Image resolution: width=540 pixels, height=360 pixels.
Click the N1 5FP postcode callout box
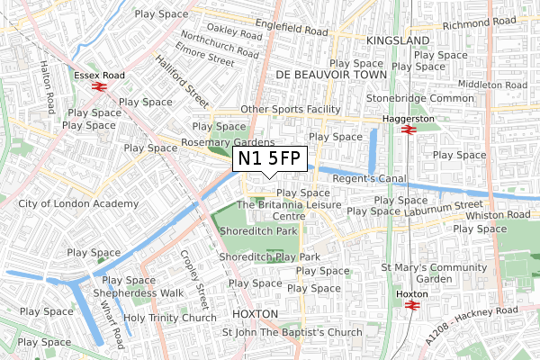[270, 159]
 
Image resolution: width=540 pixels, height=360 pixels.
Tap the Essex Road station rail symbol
[97, 88]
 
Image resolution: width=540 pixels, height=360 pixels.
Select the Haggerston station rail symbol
[408, 130]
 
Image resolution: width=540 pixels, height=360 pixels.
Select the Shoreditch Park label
[258, 231]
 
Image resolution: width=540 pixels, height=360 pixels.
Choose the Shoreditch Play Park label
[270, 257]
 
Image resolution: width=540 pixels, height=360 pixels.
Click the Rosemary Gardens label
[228, 142]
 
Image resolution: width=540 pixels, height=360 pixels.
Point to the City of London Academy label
[79, 203]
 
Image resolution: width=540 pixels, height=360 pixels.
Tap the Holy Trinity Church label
[170, 318]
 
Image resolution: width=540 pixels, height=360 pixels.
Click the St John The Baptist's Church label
[292, 332]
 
